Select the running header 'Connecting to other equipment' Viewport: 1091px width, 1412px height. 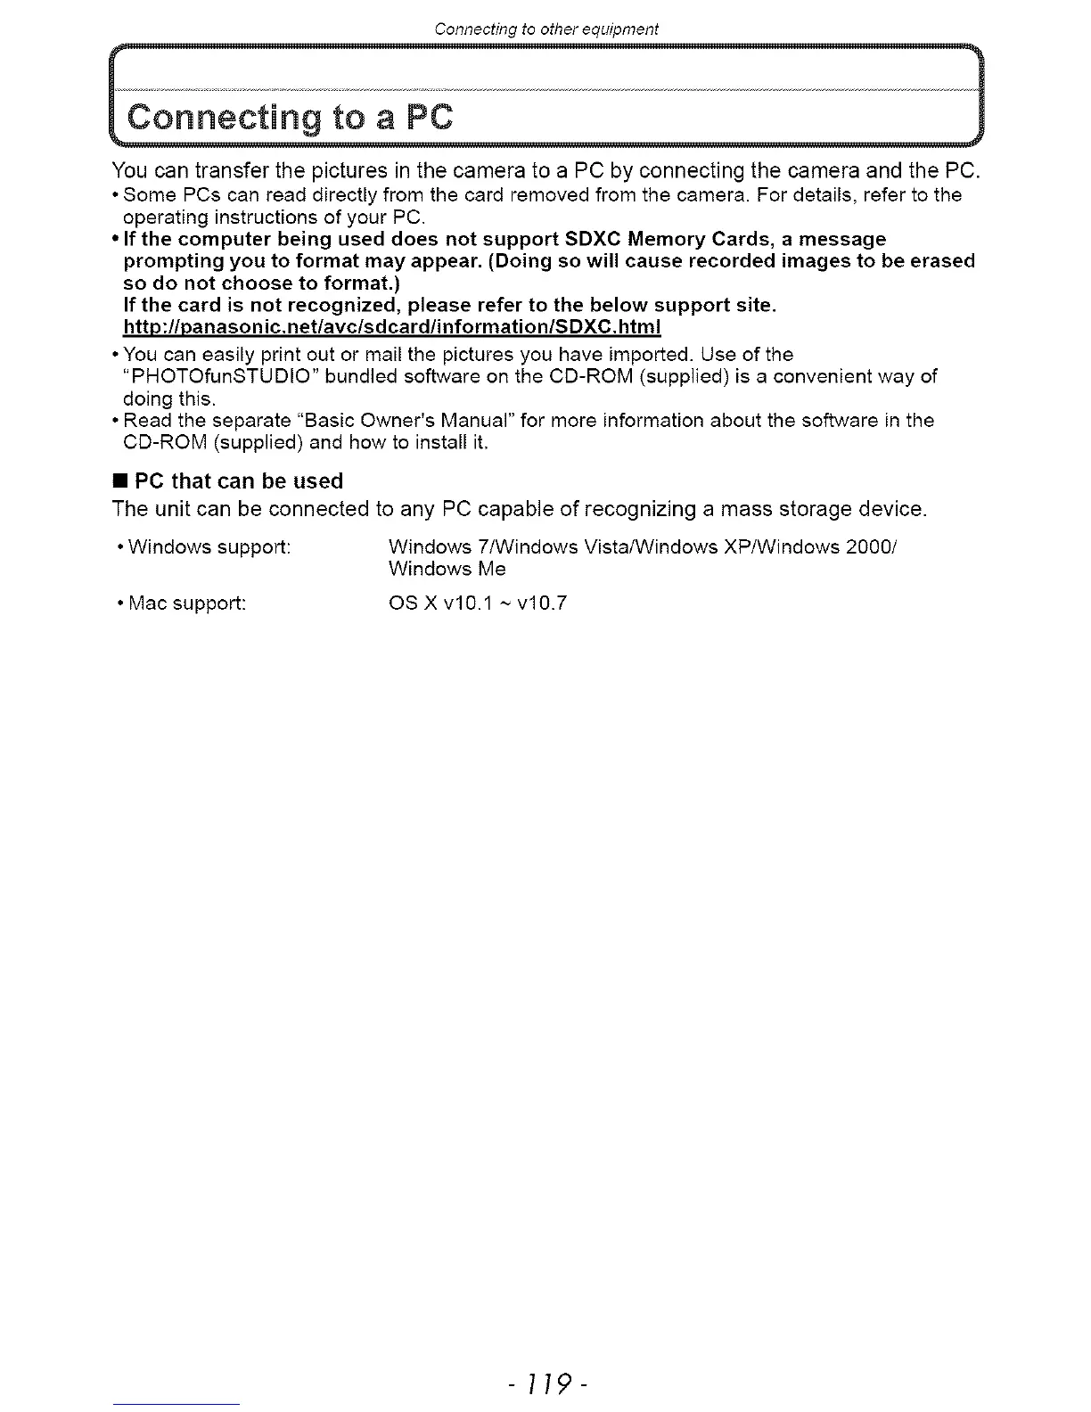tap(545, 29)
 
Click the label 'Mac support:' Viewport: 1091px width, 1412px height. tap(187, 603)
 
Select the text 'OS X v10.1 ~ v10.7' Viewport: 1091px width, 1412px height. tap(478, 603)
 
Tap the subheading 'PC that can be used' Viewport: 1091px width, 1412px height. tap(239, 481)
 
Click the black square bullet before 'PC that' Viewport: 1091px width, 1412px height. tap(119, 481)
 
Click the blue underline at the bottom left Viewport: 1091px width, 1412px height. tap(176, 1404)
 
